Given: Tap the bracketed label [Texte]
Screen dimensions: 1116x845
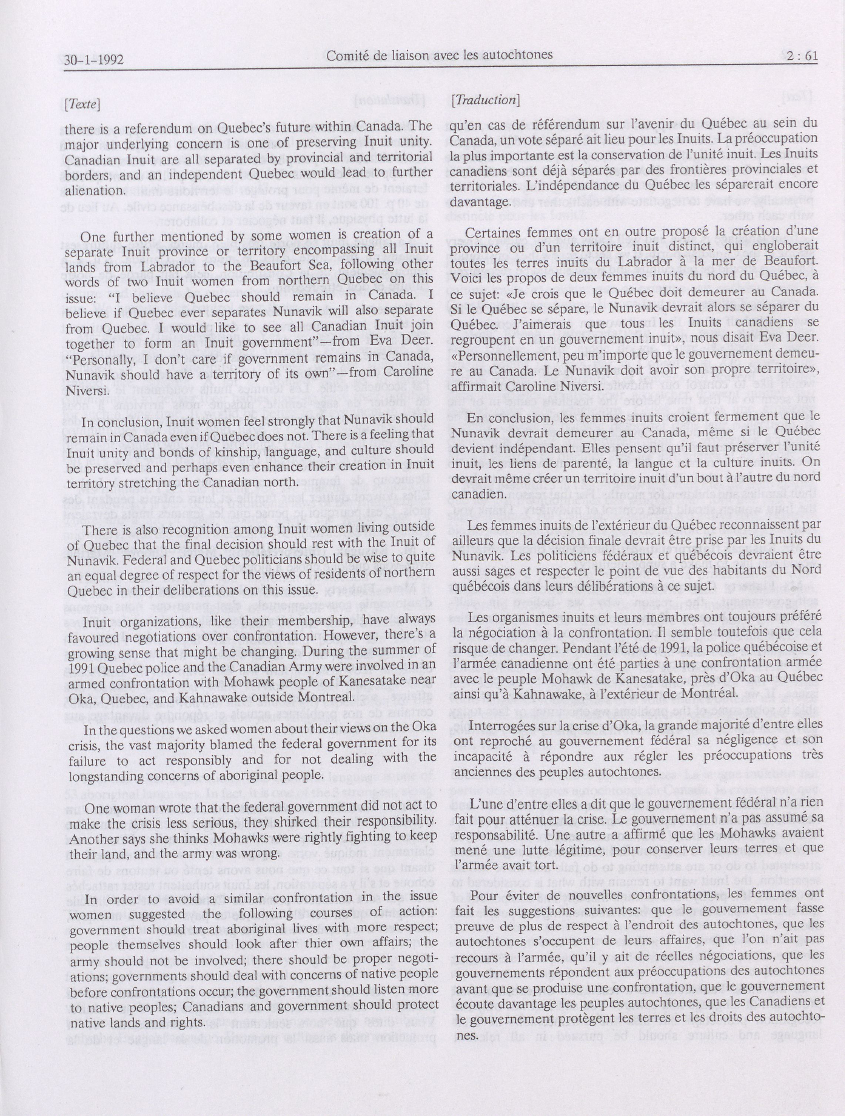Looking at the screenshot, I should [82, 104].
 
